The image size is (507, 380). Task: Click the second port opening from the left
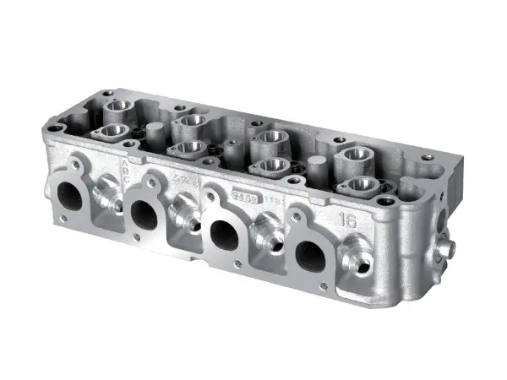144,214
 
